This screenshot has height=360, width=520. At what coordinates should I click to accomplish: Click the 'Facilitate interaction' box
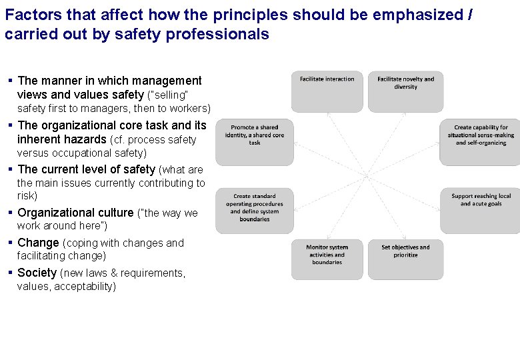click(x=327, y=91)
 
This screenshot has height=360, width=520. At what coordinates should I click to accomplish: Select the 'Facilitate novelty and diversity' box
click(x=405, y=91)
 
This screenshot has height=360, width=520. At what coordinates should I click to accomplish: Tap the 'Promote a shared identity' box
click(x=255, y=142)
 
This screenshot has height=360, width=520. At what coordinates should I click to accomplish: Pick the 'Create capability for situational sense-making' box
click(x=480, y=142)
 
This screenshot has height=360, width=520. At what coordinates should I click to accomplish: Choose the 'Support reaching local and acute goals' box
click(x=480, y=211)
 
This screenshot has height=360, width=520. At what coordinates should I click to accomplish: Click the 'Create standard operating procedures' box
click(x=255, y=211)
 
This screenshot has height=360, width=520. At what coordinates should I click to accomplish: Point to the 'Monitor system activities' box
click(x=327, y=259)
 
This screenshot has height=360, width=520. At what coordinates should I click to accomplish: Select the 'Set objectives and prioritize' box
click(x=405, y=259)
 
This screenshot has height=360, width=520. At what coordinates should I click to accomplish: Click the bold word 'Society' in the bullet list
click(x=37, y=273)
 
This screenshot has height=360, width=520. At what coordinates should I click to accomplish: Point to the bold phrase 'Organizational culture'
click(x=75, y=213)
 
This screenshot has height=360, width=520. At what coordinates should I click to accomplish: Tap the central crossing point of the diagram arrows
click(x=367, y=175)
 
